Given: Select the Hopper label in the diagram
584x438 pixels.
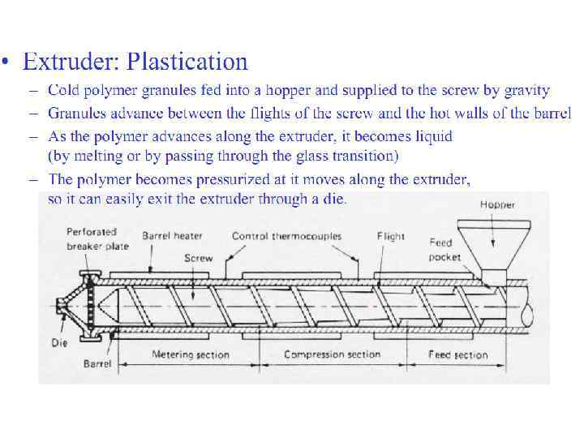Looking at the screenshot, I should pyautogui.click(x=496, y=204).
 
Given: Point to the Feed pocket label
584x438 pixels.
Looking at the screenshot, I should pyautogui.click(x=444, y=250).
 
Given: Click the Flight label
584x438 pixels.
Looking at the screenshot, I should pyautogui.click(x=390, y=236).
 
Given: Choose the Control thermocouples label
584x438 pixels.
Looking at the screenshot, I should pyautogui.click(x=286, y=236).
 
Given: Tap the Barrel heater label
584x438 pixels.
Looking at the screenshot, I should pyautogui.click(x=176, y=236).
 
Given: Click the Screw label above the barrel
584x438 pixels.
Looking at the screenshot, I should pyautogui.click(x=198, y=258).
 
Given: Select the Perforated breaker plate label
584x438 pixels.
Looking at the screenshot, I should pyautogui.click(x=92, y=239).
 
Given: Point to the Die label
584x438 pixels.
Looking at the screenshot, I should pyautogui.click(x=59, y=342).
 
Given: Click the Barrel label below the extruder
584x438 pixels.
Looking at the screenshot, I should pyautogui.click(x=97, y=364).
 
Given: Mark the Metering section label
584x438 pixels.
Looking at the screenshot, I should pyautogui.click(x=191, y=354).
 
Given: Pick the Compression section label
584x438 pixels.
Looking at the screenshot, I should pyautogui.click(x=332, y=354).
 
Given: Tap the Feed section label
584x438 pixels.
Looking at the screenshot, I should pyautogui.click(x=459, y=354).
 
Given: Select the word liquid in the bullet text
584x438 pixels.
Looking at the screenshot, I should pyautogui.click(x=431, y=137).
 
